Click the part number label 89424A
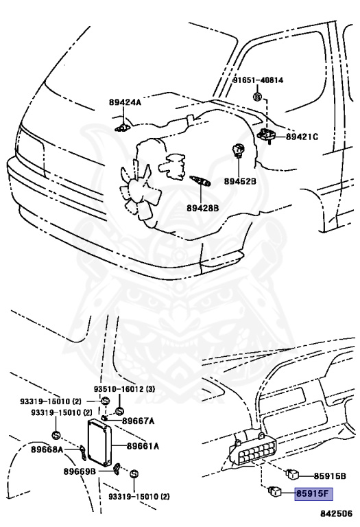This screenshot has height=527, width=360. (125, 102)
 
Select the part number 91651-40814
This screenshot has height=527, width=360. (259, 80)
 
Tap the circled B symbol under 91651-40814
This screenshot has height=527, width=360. (257, 97)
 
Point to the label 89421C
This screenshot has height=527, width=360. (302, 137)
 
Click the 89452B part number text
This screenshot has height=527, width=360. (240, 181)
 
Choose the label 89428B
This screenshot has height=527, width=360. (203, 209)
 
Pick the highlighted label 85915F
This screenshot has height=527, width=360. (313, 494)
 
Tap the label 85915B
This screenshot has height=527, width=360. (330, 476)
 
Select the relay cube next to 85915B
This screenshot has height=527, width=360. (293, 474)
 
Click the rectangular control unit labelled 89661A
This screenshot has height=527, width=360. (99, 443)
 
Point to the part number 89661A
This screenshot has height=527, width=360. (143, 446)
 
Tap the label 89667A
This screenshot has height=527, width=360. (138, 421)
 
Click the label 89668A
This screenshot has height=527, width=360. (47, 449)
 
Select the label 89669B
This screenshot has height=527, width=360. (80, 471)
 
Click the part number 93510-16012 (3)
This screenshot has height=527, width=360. (124, 389)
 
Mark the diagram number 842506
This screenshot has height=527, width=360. (336, 513)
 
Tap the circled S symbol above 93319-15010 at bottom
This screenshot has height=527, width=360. (134, 474)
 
